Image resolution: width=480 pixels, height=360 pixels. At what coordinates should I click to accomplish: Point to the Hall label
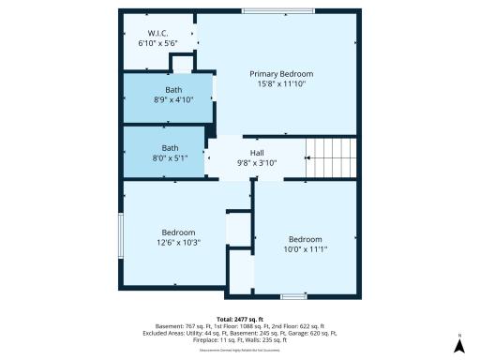257,152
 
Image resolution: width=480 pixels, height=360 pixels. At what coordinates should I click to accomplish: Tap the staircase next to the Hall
332,157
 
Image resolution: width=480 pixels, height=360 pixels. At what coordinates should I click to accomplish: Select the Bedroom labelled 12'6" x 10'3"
178,237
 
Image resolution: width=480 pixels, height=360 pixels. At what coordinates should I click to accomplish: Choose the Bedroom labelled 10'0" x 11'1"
305,243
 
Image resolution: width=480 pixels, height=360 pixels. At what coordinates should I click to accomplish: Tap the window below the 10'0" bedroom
293,296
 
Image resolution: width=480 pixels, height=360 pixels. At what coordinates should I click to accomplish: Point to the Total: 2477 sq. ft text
240,319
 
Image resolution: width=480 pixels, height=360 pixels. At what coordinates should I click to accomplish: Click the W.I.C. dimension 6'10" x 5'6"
157,43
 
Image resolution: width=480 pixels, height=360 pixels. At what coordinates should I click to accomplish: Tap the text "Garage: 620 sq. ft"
314,332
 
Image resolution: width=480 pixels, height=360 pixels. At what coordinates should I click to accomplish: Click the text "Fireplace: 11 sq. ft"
201,338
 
